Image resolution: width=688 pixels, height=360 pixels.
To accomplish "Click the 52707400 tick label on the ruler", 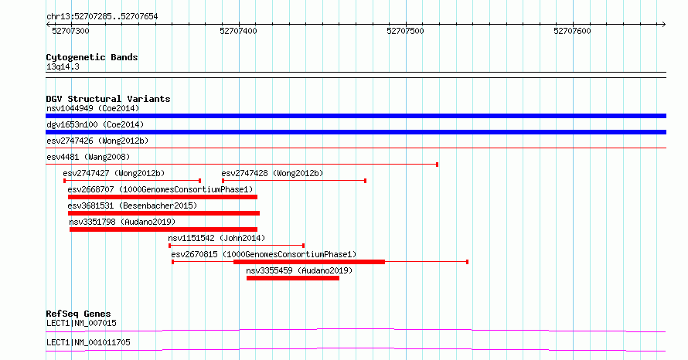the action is [x=238, y=31].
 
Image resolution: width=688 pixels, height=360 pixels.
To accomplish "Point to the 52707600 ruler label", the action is [x=572, y=31].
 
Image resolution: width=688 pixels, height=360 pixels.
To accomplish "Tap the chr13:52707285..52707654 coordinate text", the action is [x=102, y=17].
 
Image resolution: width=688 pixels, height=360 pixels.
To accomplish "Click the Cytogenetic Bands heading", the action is [x=92, y=57].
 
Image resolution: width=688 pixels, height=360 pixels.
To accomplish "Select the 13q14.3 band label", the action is [x=63, y=66].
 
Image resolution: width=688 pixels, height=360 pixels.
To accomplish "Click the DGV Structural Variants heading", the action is [x=108, y=99].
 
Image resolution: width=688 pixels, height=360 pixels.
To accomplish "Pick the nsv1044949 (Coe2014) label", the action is [x=93, y=108].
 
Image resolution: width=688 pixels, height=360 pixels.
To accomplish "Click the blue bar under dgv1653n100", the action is [x=356, y=132].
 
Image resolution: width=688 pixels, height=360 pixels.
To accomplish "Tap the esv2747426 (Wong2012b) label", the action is [x=97, y=141].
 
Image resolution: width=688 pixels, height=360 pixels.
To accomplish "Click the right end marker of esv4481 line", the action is [x=437, y=165].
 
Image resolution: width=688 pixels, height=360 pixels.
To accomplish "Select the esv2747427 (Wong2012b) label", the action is [x=114, y=173].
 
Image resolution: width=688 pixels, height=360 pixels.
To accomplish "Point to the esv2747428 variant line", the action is [x=294, y=181].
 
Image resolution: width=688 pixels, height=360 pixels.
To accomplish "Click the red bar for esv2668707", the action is [x=162, y=197].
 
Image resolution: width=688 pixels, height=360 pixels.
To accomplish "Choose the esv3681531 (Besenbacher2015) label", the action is [x=132, y=205].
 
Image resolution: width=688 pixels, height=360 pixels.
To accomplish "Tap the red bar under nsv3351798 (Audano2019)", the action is [x=163, y=229].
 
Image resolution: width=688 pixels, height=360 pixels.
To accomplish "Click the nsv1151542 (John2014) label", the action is [x=216, y=238].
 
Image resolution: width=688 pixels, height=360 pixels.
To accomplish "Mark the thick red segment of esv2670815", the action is [x=309, y=262].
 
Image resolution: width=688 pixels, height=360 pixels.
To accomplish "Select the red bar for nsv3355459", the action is [x=293, y=278].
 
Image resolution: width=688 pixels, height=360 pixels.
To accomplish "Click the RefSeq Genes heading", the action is [x=79, y=314].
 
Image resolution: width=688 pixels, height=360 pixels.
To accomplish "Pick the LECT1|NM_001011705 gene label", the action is [x=88, y=342].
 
